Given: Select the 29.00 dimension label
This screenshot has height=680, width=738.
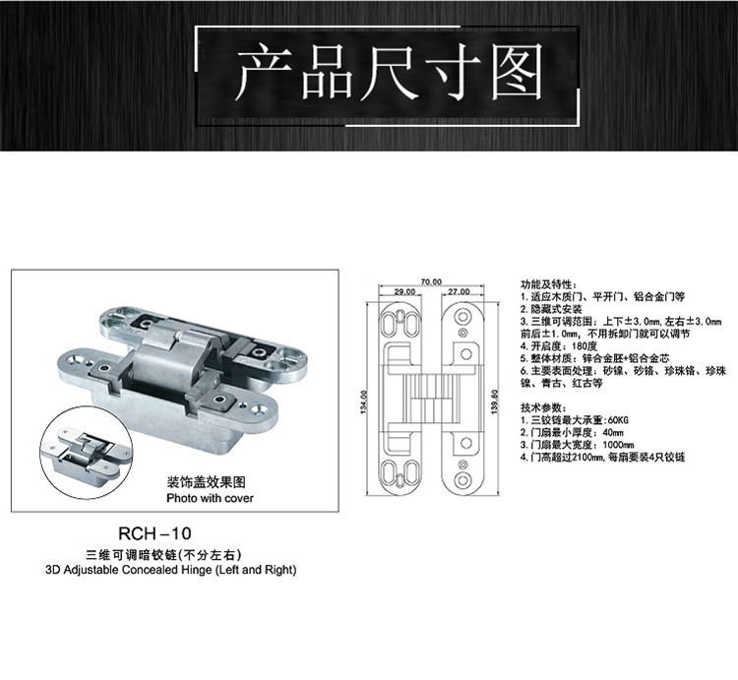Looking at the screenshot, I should pos(403,292).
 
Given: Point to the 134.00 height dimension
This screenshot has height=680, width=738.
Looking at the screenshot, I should pos(365,402).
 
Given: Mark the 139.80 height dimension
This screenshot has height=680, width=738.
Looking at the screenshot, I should pos(493,402).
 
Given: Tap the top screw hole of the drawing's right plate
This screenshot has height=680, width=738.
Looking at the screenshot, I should pos(462,316).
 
